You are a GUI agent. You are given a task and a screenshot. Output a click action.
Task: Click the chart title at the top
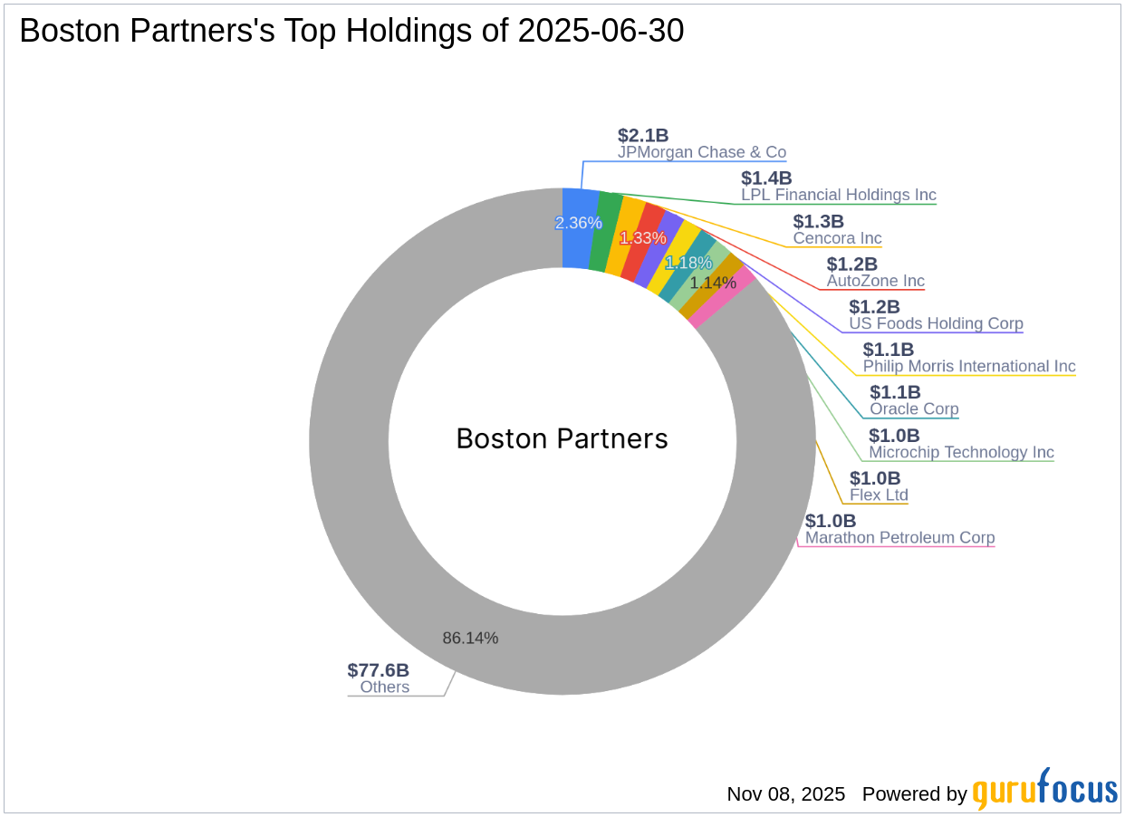[x=351, y=32]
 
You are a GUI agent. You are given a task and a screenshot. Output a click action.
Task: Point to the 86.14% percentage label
[x=470, y=638]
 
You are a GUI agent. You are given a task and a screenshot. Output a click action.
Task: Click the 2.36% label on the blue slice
[x=578, y=223]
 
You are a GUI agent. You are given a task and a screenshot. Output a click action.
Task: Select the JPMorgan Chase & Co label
[x=701, y=152]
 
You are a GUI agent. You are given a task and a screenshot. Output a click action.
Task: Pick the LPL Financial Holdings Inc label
[x=838, y=195]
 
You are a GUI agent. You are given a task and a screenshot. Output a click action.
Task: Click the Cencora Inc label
[x=837, y=238]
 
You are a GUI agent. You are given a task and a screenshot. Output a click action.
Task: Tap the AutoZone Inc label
[x=875, y=281]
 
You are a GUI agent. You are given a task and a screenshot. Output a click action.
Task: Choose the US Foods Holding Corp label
[x=936, y=323]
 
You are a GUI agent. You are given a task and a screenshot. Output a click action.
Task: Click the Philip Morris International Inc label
[x=969, y=366]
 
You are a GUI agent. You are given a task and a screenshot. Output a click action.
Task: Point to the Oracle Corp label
[x=914, y=408]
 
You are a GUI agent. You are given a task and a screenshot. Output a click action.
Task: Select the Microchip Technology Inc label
[x=961, y=452]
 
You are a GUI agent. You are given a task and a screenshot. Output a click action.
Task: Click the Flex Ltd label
[x=879, y=495]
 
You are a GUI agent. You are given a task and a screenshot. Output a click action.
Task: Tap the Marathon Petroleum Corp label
[x=899, y=537]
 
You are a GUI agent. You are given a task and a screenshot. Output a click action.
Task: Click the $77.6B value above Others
[x=378, y=670]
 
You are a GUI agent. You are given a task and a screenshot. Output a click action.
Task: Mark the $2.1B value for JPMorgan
[x=643, y=135]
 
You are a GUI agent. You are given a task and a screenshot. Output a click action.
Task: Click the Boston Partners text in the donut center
[x=562, y=439]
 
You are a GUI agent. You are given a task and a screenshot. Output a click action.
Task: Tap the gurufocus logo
[x=1044, y=792]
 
